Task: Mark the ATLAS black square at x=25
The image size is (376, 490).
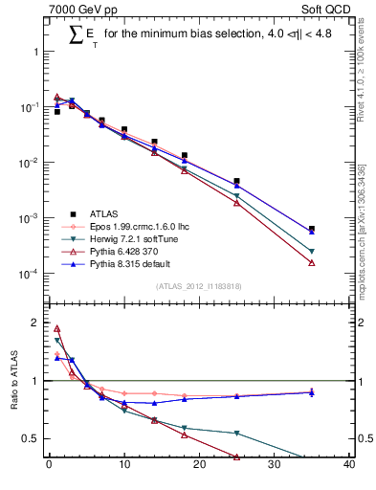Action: coord(236,181)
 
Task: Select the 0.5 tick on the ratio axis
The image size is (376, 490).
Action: coord(33,438)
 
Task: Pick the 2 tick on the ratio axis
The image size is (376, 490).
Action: coord(36,323)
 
